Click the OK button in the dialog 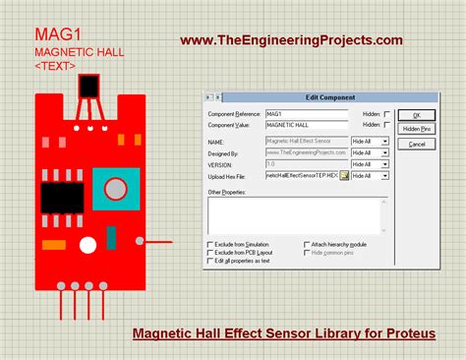click(416, 115)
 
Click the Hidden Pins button click(416, 129)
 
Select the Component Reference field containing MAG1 click(307, 114)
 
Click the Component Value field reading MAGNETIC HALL click(307, 126)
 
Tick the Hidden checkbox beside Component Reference click(387, 114)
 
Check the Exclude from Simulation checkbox click(209, 243)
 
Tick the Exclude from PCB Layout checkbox click(209, 252)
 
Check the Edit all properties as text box click(209, 261)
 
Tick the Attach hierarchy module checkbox click(304, 243)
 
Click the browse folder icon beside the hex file click(344, 175)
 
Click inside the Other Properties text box click(299, 215)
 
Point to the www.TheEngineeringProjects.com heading click(291, 40)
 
